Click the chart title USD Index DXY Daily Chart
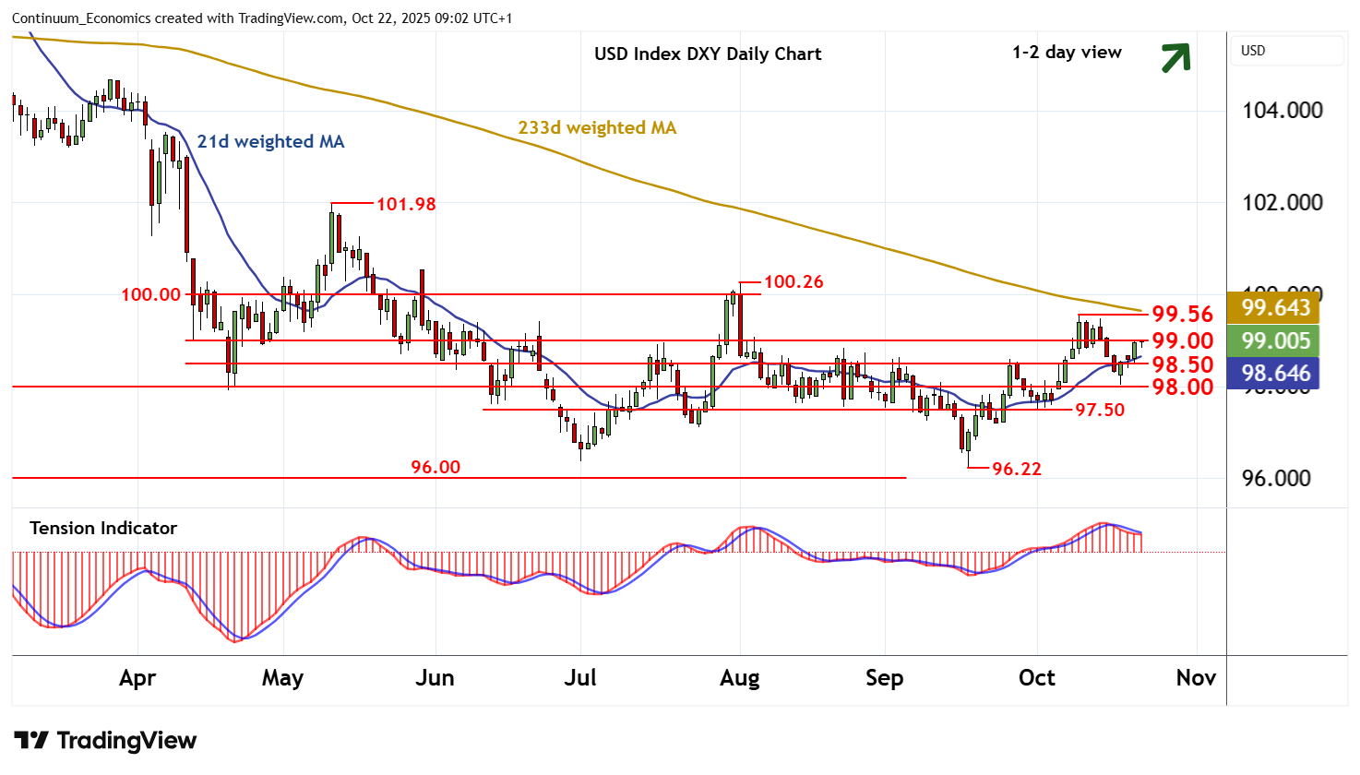pos(708,54)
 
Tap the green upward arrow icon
pos(1175,57)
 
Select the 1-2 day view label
pos(1067,53)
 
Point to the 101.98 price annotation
pos(406,204)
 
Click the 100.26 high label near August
pos(793,281)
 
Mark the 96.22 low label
pos(1016,469)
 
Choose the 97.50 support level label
pos(1100,410)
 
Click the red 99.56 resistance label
pos(1182,315)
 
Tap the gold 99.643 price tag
pos(1276,307)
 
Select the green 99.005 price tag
pos(1276,340)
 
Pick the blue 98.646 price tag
pos(1276,373)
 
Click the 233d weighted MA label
pos(597,127)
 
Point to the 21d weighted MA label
pos(270,141)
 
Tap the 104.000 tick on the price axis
pos(1282,111)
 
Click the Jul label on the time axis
pos(580,678)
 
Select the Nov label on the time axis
pos(1196,678)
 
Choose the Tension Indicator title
pos(103,528)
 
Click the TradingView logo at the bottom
pos(105,741)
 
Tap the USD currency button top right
pos(1253,51)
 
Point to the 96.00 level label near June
pos(435,467)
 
